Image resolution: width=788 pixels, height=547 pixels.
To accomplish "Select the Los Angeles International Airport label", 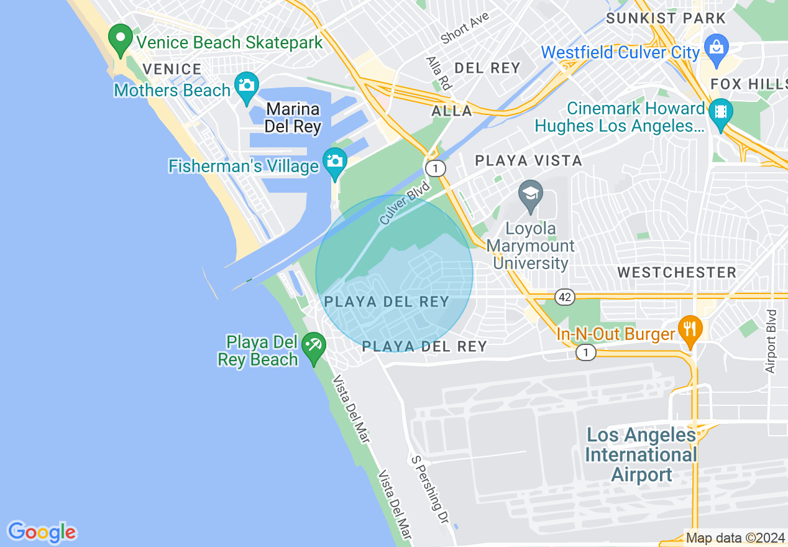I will pyautogui.click(x=641, y=455).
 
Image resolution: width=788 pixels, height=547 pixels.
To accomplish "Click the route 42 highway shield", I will pyautogui.click(x=564, y=297).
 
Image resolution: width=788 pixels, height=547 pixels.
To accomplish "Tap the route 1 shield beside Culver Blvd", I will pyautogui.click(x=437, y=168).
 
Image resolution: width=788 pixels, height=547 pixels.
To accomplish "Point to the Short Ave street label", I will pyautogui.click(x=465, y=28).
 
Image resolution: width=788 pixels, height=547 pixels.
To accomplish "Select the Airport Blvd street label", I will pyautogui.click(x=771, y=341).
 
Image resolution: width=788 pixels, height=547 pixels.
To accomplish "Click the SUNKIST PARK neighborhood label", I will pyautogui.click(x=666, y=19).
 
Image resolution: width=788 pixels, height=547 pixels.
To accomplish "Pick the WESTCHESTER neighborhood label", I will pyautogui.click(x=677, y=272).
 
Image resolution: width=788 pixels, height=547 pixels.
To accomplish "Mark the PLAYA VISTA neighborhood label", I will pyautogui.click(x=528, y=161).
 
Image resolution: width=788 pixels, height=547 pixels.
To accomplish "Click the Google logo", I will pyautogui.click(x=42, y=532).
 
